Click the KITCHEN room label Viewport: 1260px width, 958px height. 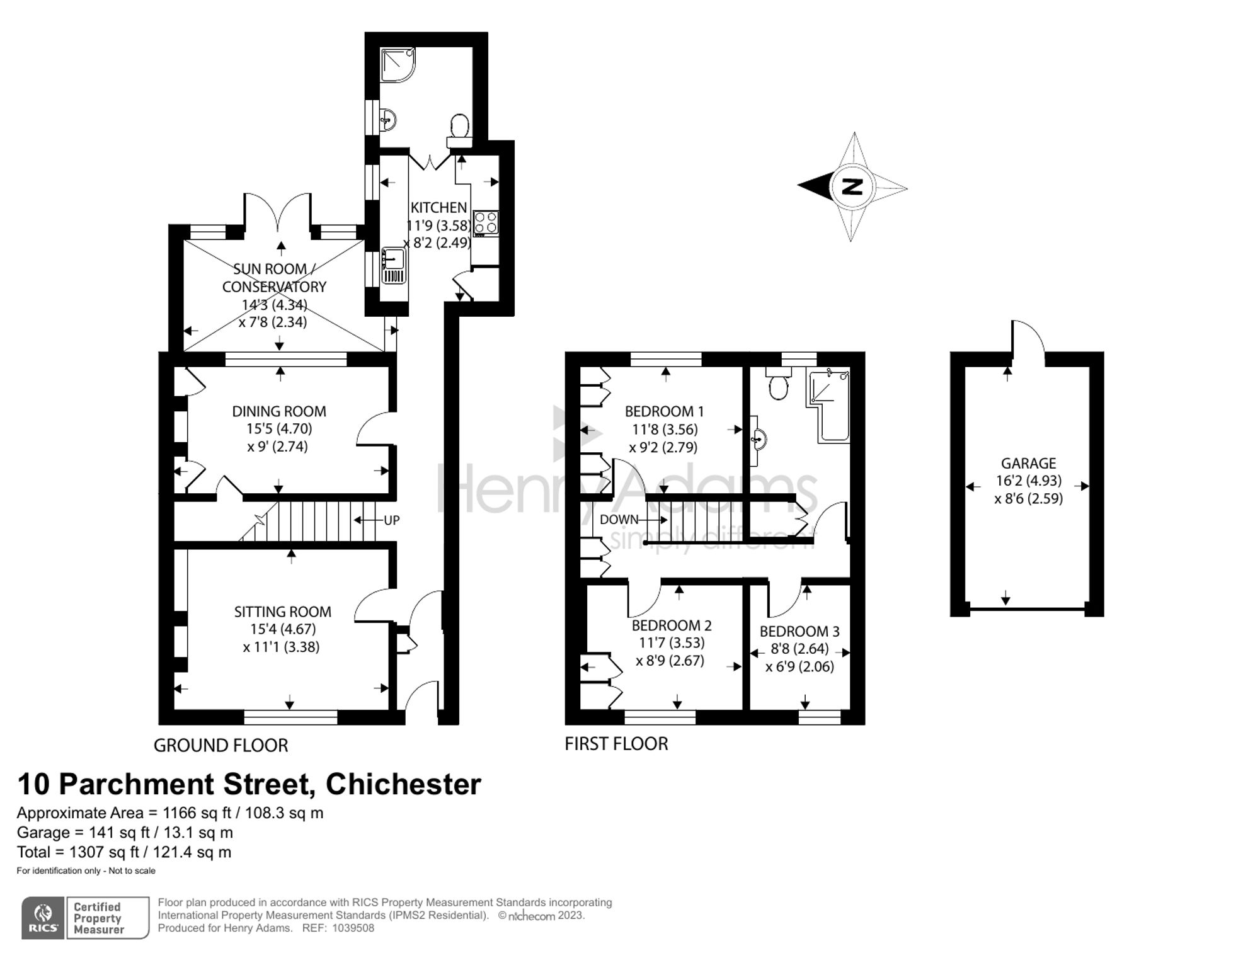[438, 207]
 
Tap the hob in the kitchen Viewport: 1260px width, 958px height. [486, 223]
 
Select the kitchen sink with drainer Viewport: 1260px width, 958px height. [393, 266]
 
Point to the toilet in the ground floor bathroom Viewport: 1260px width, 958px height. [459, 127]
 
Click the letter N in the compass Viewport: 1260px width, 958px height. [852, 186]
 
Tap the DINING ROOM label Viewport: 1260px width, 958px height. [279, 411]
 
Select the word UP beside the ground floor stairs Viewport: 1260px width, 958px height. [391, 520]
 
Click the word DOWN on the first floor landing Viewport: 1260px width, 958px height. [619, 520]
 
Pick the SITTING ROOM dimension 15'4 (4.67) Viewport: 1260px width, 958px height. [283, 629]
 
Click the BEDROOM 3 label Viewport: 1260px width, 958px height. [799, 631]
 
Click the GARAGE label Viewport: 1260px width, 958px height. [1028, 463]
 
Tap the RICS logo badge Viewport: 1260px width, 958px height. [43, 918]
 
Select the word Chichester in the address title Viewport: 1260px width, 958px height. [403, 784]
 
